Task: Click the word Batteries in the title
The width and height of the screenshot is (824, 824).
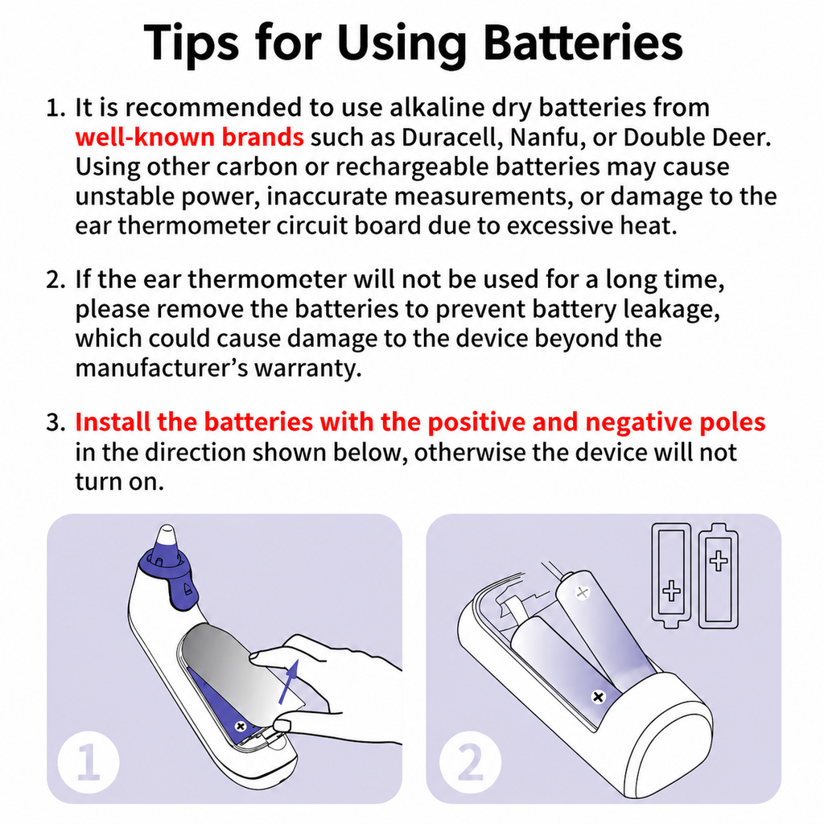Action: tap(583, 43)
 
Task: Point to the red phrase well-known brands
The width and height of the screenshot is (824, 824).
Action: tap(189, 137)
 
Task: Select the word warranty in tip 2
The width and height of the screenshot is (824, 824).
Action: tap(308, 368)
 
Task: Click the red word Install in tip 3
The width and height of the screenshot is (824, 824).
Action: tap(113, 422)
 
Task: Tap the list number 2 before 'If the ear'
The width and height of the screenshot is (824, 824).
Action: tap(56, 279)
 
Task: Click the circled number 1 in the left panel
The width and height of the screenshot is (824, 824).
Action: tap(89, 762)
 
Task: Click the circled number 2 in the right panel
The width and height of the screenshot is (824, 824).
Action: tap(470, 762)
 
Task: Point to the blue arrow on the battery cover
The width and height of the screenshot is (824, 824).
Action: tap(289, 682)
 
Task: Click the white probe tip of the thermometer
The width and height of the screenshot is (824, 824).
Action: tap(167, 537)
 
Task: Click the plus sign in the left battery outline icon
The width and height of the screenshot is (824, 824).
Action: tap(671, 590)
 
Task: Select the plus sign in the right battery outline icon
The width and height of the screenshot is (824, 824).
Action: tap(719, 560)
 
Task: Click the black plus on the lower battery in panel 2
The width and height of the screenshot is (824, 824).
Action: tap(598, 697)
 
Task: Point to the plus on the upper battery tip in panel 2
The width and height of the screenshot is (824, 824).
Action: tap(582, 593)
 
